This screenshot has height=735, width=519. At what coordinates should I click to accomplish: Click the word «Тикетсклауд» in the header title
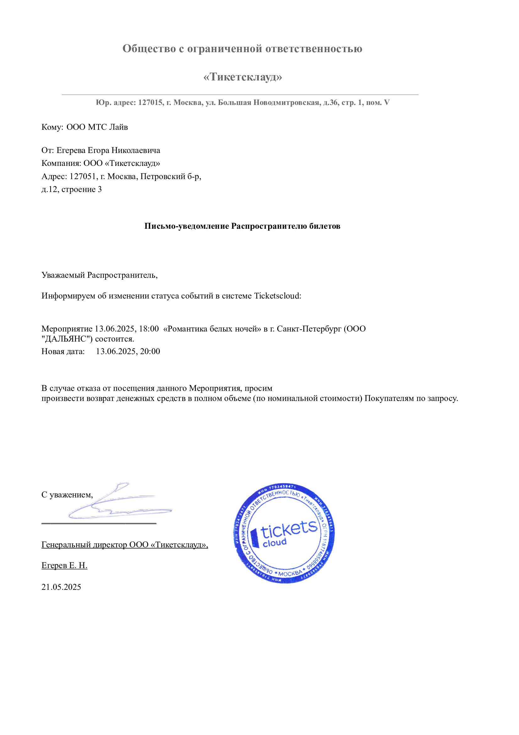pos(243,77)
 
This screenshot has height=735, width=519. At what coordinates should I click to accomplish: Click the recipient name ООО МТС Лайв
pos(97,127)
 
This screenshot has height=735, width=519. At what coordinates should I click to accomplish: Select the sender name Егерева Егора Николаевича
pos(108,150)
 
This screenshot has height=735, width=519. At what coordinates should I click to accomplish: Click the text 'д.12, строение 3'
pos(72,189)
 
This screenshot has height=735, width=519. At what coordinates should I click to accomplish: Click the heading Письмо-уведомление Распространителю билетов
pos(242,226)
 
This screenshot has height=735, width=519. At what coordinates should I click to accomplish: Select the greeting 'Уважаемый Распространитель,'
pos(100,275)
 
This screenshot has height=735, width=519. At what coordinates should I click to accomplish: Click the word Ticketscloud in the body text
pos(277,296)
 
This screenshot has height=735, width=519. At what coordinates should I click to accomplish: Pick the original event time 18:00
pos(149,329)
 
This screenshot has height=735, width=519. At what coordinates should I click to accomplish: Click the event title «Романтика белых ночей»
pos(212,329)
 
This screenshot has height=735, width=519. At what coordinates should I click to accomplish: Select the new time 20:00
pos(150,352)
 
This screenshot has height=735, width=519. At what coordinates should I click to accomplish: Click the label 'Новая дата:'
pos(63,352)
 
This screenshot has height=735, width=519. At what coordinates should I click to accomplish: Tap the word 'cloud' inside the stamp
pos(274,543)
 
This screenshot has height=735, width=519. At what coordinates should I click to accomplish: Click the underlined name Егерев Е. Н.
pos(64,565)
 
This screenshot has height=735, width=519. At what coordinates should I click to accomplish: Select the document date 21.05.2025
pos(61,587)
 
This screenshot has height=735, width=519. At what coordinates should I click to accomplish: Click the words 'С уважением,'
pos(67,495)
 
